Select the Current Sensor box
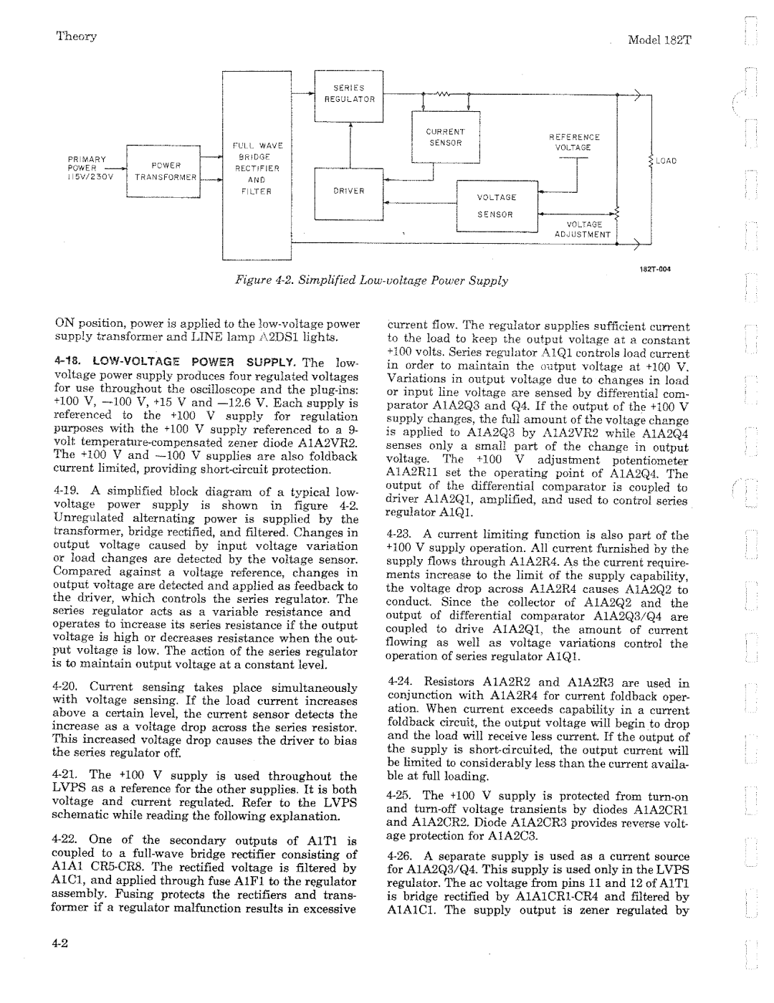[446, 138]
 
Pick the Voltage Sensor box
[497, 206]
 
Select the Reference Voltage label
[574, 142]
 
